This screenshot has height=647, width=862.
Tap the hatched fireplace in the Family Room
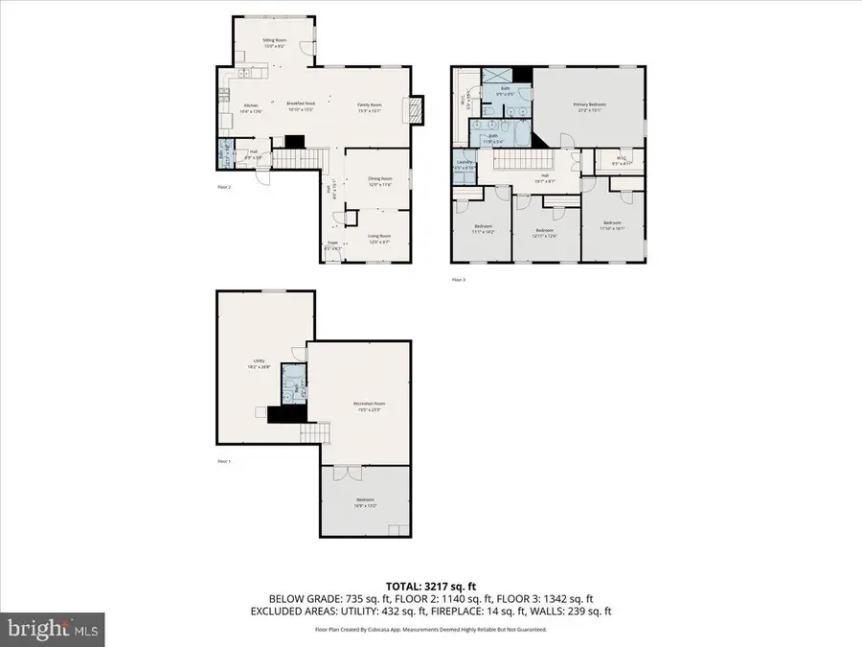tap(415, 110)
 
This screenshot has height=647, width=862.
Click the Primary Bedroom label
tap(589, 105)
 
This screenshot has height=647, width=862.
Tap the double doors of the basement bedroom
tap(341, 473)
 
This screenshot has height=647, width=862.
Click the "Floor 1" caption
tap(223, 462)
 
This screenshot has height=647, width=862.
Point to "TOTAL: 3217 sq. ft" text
tap(431, 584)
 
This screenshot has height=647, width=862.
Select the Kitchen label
tap(251, 106)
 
